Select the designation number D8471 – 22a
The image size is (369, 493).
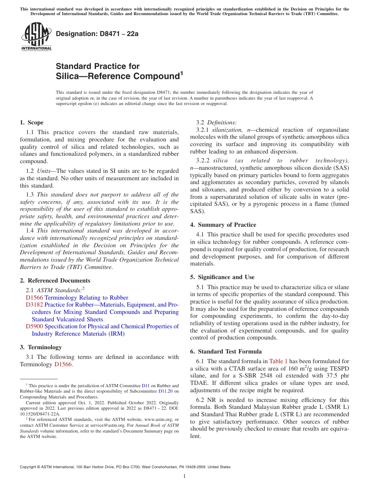pos(97,34)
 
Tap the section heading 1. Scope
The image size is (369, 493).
pos(31,122)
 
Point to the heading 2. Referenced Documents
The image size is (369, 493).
pos(55,281)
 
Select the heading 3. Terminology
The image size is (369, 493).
pos(41,347)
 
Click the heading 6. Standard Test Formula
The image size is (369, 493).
pos(226,352)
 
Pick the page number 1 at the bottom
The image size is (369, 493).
pos(184,476)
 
